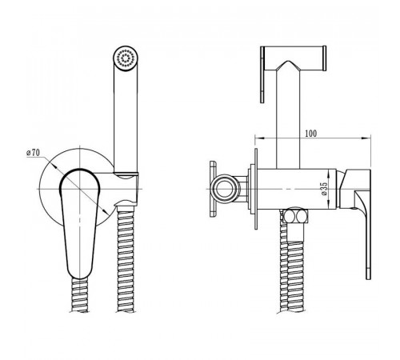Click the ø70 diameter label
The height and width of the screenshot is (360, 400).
coord(34,153)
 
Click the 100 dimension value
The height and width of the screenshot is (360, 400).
coord(311,133)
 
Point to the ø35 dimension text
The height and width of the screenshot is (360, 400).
coord(324,189)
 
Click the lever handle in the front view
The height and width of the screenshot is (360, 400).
coord(79,222)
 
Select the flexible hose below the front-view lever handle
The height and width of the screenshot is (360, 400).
coord(80,295)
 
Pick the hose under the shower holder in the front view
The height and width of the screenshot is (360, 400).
coord(126,258)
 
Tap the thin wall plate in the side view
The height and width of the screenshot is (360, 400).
coord(256,189)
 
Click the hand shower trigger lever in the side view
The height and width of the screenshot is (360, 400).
coord(262,74)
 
